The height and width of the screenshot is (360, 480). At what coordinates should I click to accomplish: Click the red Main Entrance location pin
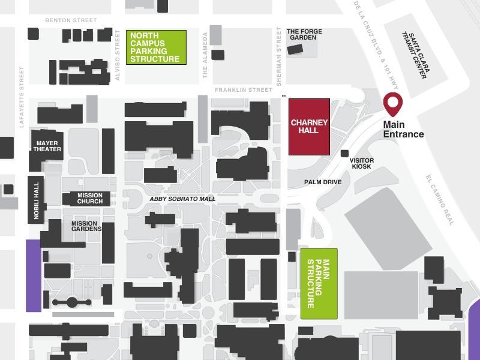click(394, 104)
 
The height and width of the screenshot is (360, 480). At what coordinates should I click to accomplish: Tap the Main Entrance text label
click(404, 130)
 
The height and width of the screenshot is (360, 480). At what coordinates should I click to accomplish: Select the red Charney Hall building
click(309, 127)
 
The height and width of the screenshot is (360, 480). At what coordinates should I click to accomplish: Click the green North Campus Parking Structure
click(156, 47)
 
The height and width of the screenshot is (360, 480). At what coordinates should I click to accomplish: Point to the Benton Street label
click(71, 20)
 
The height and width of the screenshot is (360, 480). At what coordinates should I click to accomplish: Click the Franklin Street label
click(244, 90)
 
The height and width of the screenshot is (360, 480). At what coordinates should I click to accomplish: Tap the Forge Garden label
click(304, 35)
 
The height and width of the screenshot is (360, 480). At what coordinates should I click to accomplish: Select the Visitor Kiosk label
click(362, 163)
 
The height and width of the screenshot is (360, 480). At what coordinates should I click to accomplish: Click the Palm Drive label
click(322, 182)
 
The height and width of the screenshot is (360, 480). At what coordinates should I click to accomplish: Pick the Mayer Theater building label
click(48, 146)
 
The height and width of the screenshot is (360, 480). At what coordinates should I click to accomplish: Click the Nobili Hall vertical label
click(36, 200)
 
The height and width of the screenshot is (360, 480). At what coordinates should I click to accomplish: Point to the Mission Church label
click(90, 198)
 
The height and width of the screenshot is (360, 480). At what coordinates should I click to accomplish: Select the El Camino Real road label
click(441, 200)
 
